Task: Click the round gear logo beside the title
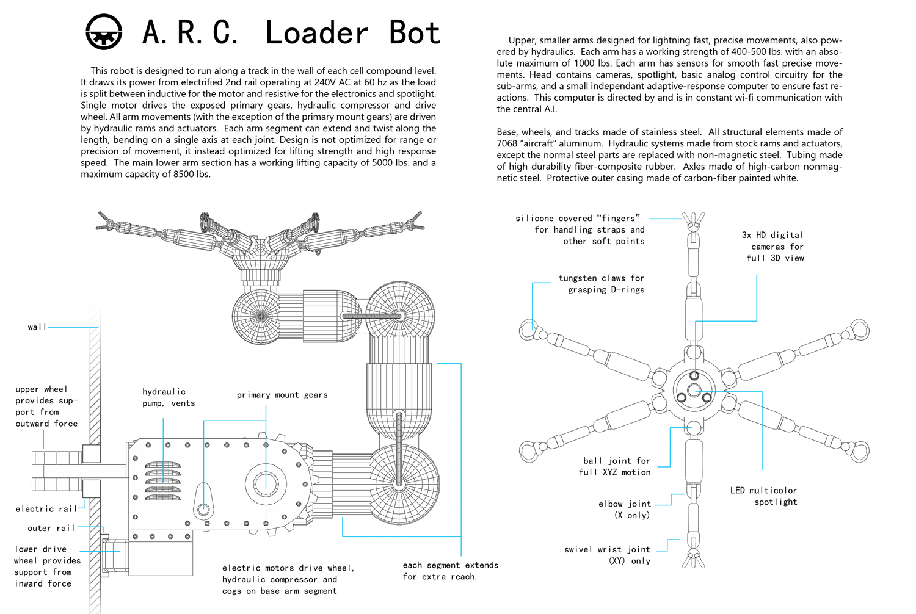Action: tap(104, 32)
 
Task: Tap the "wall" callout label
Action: tap(37, 327)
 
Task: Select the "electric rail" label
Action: tap(46, 509)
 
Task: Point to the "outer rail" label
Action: tap(51, 528)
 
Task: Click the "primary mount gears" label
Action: tap(282, 395)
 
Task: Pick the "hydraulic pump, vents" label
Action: tap(169, 397)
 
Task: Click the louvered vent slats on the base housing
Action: tap(163, 481)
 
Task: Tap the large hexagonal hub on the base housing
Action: tap(266, 485)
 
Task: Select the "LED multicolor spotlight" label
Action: tap(763, 496)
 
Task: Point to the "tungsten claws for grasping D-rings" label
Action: tap(602, 284)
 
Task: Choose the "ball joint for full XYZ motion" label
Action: tap(614, 466)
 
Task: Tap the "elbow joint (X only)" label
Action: tap(625, 510)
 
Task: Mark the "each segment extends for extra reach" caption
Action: tap(451, 571)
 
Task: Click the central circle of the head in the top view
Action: tap(694, 391)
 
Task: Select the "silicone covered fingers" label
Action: tap(580, 229)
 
